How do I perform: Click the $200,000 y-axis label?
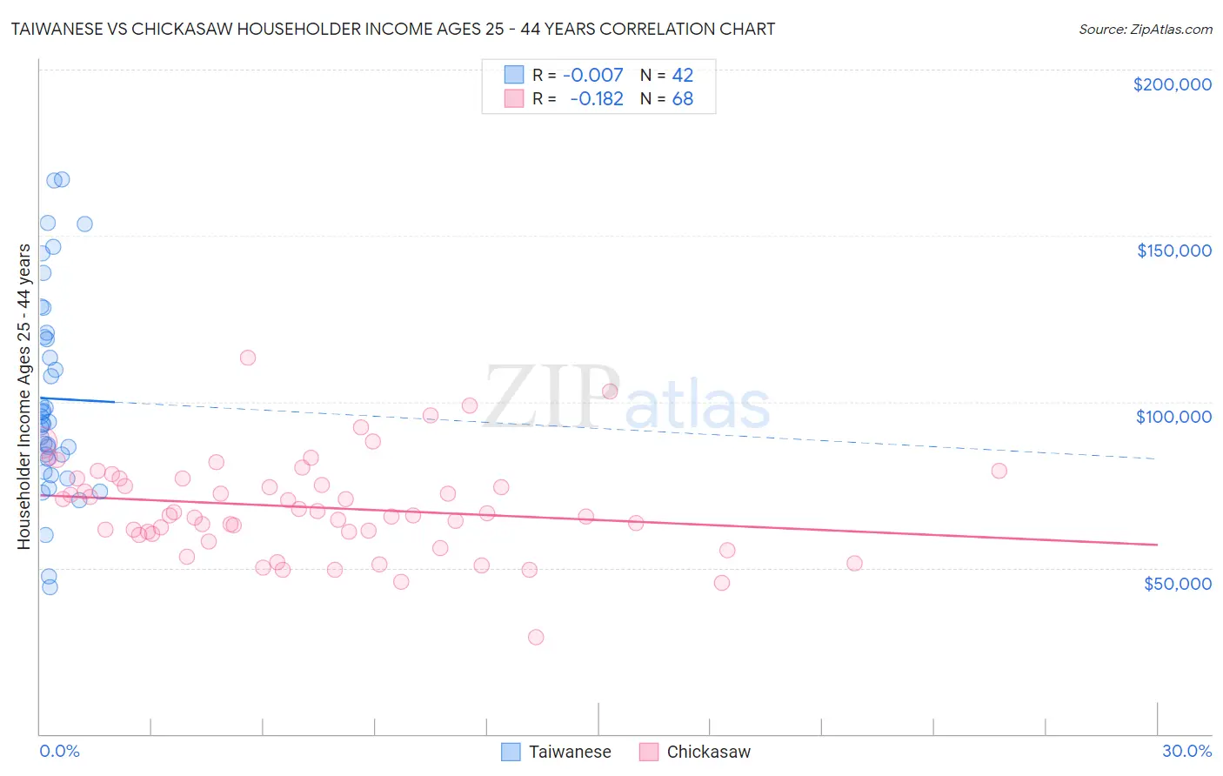[1172, 84]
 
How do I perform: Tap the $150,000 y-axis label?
[1173, 251]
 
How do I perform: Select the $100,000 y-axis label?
[1173, 417]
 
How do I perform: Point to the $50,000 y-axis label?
[1177, 583]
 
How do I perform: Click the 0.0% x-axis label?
[59, 751]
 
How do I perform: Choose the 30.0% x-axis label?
[1186, 751]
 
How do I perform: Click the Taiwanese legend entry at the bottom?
[569, 752]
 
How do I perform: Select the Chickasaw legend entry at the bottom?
[707, 752]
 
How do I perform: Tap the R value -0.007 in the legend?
[593, 75]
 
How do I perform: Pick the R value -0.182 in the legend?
[597, 98]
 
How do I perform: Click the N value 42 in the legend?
[683, 75]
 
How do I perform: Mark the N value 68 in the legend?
[683, 98]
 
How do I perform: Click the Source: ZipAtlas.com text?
[1145, 29]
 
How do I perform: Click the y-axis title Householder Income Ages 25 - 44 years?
[23, 397]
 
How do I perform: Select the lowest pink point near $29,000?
[536, 638]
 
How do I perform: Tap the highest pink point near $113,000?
[248, 358]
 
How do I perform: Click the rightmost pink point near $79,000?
[999, 471]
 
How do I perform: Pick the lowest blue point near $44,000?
[50, 587]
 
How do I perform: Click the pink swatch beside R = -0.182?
[514, 98]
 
